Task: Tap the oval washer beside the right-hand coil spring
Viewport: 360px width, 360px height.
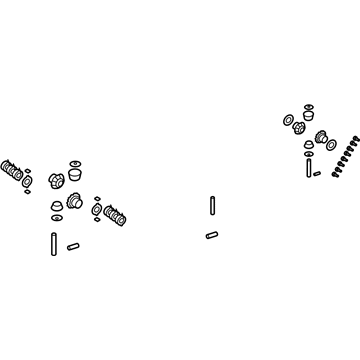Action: pos(94,210)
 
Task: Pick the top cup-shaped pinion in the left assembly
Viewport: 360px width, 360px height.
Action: pos(75,167)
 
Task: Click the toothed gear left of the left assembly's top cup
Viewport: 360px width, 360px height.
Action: pos(55,181)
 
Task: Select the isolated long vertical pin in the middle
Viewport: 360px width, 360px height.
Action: pos(213,205)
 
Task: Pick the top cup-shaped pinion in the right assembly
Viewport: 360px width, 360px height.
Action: pos(307,113)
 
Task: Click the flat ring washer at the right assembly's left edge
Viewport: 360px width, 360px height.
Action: pos(287,121)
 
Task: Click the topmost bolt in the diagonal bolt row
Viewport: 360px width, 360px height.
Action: pos(356,132)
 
